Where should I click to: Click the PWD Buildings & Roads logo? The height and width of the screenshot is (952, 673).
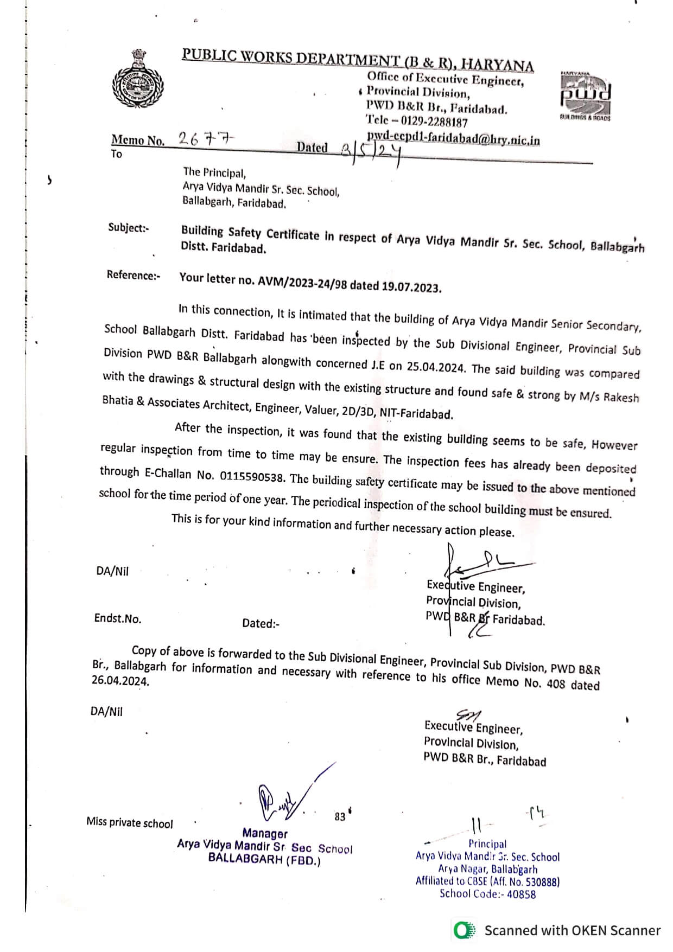[x=586, y=95]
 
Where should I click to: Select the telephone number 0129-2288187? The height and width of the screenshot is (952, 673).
[x=434, y=122]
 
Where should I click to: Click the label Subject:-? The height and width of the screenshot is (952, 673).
[x=128, y=228]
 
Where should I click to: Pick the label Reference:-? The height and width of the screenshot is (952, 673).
[x=134, y=275]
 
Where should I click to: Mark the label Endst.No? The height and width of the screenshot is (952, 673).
[x=118, y=618]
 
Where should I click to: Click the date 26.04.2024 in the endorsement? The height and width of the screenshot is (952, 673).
[x=120, y=681]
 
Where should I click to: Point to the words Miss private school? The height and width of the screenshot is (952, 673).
[x=130, y=823]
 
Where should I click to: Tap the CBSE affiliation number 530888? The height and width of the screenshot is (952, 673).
[x=539, y=882]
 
